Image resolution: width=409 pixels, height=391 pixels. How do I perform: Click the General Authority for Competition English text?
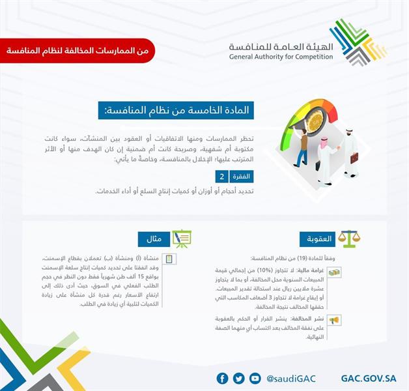pyautogui.click(x=281, y=57)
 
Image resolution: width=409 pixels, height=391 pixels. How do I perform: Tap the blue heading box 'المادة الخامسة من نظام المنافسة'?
pyautogui.click(x=176, y=111)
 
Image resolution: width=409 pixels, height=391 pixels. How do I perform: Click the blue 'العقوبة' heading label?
pyautogui.click(x=317, y=239)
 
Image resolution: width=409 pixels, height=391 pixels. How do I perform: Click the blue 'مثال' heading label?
pyautogui.click(x=155, y=239)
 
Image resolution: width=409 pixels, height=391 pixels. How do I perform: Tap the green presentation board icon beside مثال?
pyautogui.click(x=182, y=238)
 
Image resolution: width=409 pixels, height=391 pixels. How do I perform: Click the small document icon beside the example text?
pyautogui.click(x=169, y=259)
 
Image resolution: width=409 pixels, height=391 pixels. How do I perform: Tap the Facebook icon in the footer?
pyautogui.click(x=222, y=379)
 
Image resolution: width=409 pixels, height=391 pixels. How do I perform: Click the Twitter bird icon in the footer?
pyautogui.click(x=238, y=379)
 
